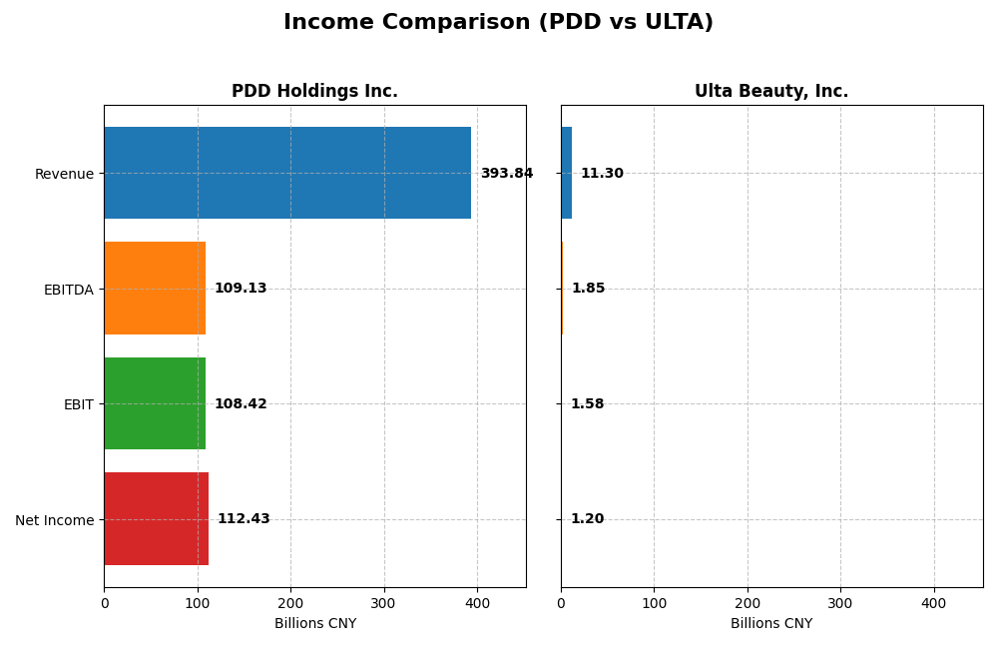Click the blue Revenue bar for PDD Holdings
coord(287,173)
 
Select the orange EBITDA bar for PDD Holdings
coord(155,289)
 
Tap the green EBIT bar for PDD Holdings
coord(155,403)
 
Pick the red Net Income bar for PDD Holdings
coord(157,519)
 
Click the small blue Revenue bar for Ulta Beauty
coord(566,173)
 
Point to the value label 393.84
coord(506,174)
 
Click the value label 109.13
coord(241,289)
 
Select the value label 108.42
coord(241,404)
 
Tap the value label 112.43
coord(244,519)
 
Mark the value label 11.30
coord(602,174)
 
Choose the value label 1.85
coord(588,289)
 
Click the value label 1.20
coord(587,519)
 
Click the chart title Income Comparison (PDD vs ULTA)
coord(498,23)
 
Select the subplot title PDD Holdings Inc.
coord(314,92)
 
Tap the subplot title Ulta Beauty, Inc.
coord(771,92)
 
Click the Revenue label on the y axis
coord(64,174)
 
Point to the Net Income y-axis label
coord(54,520)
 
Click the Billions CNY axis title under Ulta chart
coord(771,624)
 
